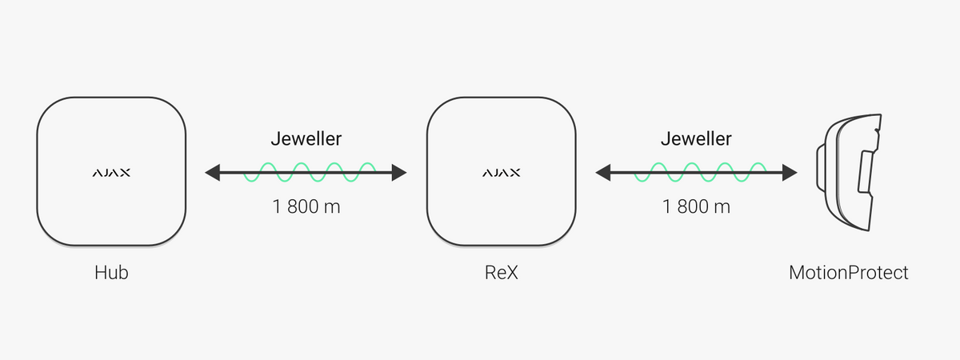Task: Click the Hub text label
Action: click(x=111, y=273)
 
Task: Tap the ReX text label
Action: click(x=502, y=273)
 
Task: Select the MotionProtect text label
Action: click(x=849, y=273)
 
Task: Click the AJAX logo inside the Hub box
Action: click(x=111, y=173)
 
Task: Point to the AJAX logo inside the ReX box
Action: click(x=502, y=173)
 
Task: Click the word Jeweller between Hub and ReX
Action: click(x=306, y=139)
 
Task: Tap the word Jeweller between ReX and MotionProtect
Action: click(x=696, y=139)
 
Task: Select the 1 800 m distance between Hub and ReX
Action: click(x=306, y=206)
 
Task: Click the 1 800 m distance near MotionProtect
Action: click(x=696, y=206)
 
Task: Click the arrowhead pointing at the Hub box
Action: click(x=213, y=173)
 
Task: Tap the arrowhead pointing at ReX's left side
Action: click(x=399, y=173)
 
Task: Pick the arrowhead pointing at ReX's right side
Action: click(x=603, y=173)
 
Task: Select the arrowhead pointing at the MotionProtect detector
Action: click(x=790, y=173)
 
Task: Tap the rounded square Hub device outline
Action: click(x=38, y=171)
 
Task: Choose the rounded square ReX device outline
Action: click(x=427, y=171)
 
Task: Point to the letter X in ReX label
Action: click(x=513, y=273)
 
